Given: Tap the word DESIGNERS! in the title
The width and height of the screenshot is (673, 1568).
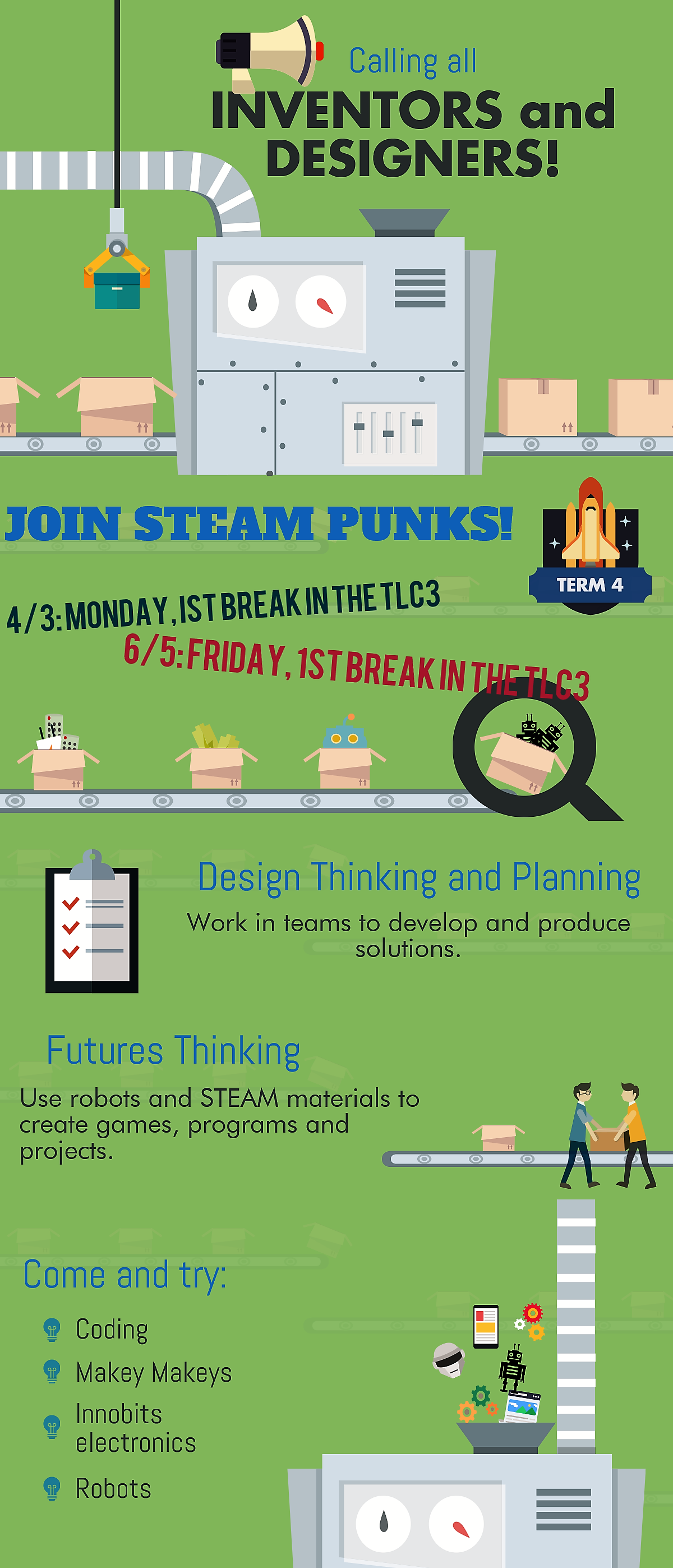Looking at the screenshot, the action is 412,158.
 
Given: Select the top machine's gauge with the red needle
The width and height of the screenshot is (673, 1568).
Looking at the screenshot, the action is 321,301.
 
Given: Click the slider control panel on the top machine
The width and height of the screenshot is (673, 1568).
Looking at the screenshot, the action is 389,434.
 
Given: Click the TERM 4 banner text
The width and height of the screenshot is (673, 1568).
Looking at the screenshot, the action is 589,585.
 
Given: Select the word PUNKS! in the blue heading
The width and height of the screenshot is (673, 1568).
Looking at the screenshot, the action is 421,524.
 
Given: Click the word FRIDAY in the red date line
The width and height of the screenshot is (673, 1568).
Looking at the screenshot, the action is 236,657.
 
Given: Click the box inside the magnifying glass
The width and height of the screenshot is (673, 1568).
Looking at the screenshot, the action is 522,761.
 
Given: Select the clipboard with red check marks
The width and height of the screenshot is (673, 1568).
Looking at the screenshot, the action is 92,921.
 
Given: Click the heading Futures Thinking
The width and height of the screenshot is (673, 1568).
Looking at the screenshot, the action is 173,1051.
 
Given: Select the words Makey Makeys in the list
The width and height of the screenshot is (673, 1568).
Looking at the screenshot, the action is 154,1373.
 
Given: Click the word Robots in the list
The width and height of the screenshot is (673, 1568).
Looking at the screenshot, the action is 113,1489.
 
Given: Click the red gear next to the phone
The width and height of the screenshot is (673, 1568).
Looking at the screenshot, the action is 532,1313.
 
